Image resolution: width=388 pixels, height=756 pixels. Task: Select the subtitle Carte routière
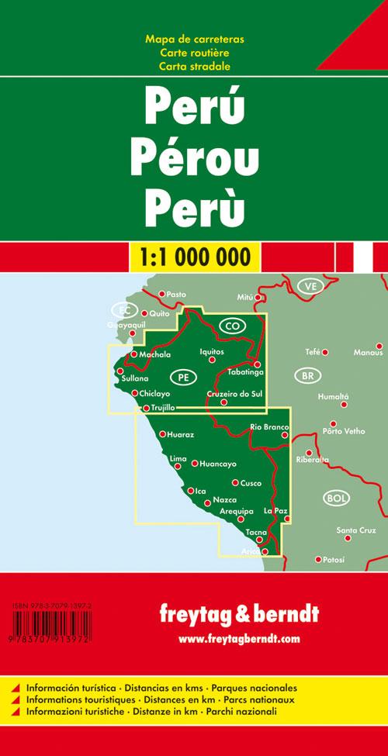[x=194, y=52]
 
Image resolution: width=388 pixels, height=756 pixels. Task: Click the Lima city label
[x=178, y=459]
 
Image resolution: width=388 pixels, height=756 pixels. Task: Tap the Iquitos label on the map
[x=211, y=351]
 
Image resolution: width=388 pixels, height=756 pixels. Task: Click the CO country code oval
[x=231, y=326]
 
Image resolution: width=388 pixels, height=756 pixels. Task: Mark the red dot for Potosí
[x=317, y=558]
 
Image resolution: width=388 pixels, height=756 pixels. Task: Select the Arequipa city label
[x=237, y=511]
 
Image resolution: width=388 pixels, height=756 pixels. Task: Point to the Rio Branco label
[x=269, y=427]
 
